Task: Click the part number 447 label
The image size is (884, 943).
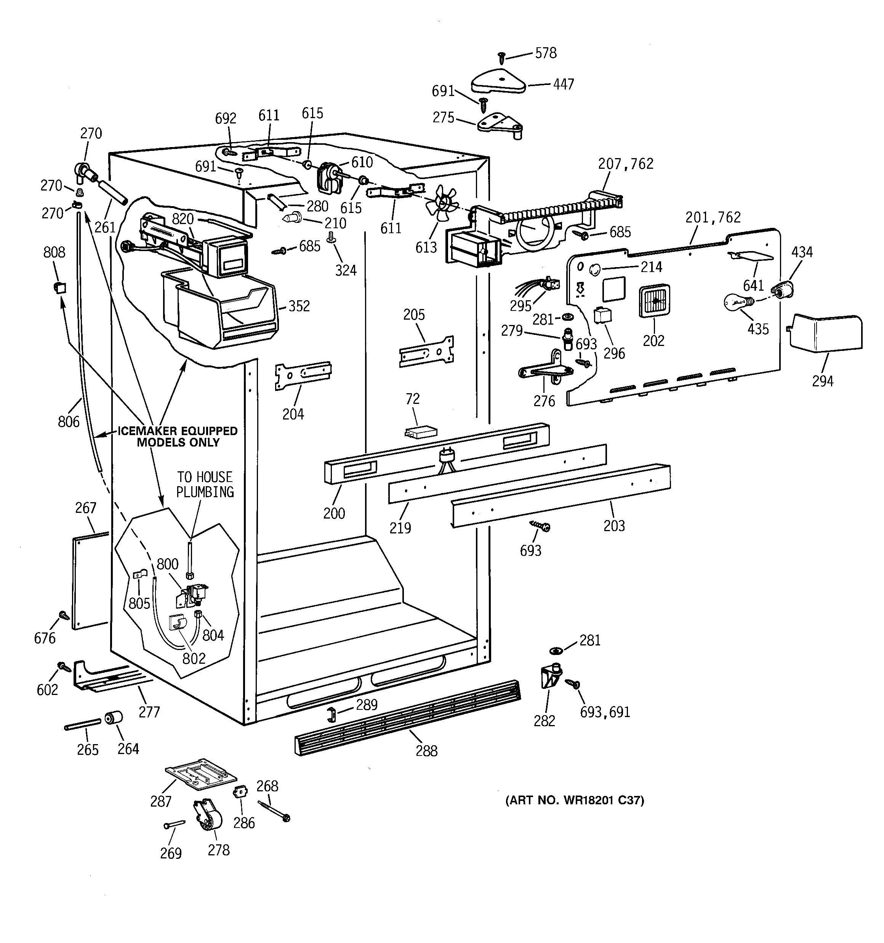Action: pos(563,85)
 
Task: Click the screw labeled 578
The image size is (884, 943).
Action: pos(501,58)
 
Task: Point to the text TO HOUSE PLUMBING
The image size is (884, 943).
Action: pos(205,484)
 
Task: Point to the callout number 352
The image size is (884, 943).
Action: pos(299,306)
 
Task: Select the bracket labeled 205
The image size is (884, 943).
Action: pos(427,352)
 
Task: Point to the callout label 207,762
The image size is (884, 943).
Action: pos(625,164)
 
